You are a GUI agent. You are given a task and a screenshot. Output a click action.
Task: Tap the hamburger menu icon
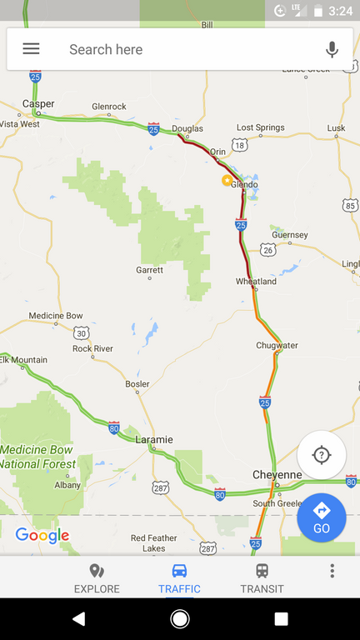click(x=31, y=49)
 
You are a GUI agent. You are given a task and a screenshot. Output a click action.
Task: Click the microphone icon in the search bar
click(x=332, y=49)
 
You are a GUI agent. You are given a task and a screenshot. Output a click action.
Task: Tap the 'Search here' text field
click(x=167, y=49)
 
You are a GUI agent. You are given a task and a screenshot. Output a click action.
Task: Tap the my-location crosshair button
click(x=322, y=455)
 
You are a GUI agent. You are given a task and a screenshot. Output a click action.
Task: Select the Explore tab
click(x=97, y=578)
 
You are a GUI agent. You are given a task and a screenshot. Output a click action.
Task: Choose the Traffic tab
click(x=179, y=578)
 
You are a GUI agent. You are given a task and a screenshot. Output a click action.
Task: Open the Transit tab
click(x=262, y=578)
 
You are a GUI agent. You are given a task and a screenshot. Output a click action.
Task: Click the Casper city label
click(x=38, y=104)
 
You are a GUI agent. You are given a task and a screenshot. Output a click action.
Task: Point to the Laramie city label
click(x=154, y=439)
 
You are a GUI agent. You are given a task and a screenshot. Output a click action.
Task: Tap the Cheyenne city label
click(x=277, y=475)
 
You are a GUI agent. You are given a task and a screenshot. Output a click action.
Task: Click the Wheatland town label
click(x=256, y=282)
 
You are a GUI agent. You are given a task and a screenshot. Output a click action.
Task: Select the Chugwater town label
click(x=277, y=345)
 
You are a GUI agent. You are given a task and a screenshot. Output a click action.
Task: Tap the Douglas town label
click(x=187, y=128)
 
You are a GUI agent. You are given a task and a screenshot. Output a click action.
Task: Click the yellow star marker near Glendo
click(x=226, y=180)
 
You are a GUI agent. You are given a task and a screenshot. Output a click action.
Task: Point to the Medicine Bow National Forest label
click(x=37, y=457)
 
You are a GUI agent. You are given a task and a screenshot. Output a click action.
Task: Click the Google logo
click(x=42, y=536)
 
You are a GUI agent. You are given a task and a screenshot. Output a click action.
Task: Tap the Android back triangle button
click(x=78, y=618)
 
